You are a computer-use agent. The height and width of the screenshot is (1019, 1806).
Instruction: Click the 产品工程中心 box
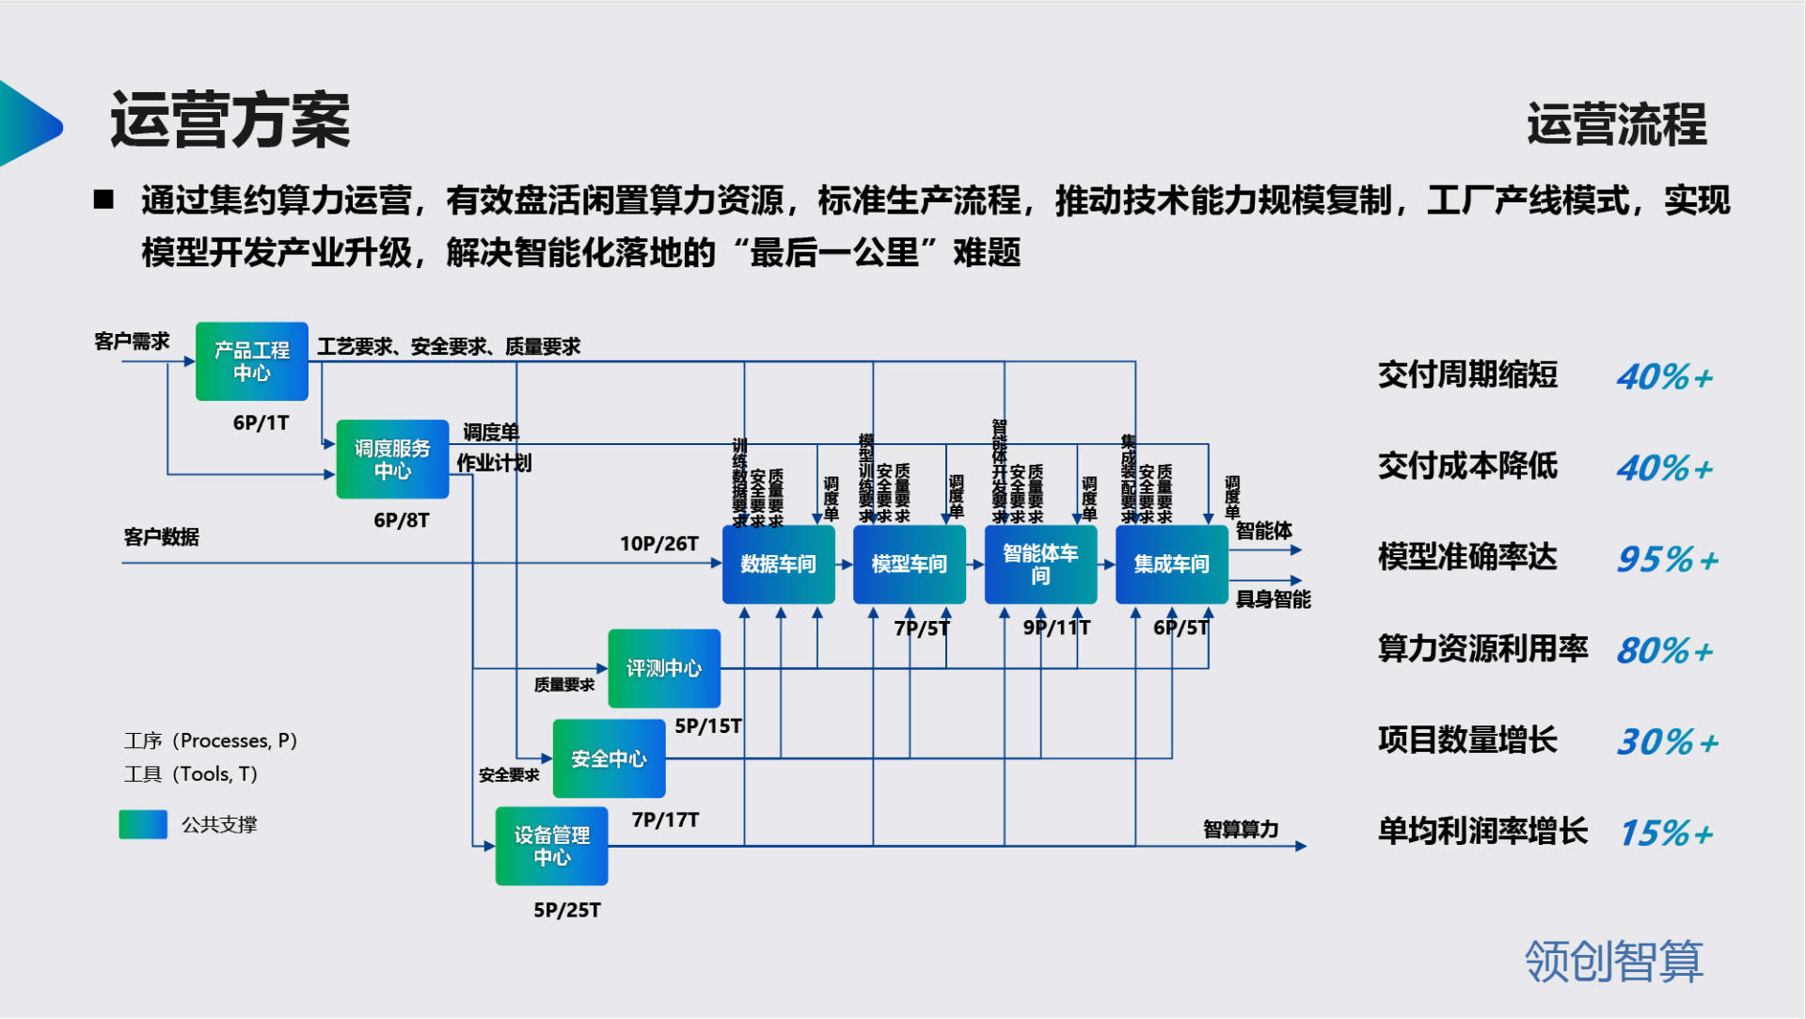click(x=251, y=361)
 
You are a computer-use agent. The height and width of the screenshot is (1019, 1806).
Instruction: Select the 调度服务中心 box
click(x=392, y=459)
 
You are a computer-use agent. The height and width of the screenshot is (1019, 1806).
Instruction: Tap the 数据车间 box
click(x=778, y=564)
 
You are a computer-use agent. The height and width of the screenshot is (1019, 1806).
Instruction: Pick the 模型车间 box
click(x=909, y=564)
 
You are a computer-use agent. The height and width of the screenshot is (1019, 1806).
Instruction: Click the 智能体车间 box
click(x=1040, y=564)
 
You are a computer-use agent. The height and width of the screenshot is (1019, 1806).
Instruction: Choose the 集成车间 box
click(x=1171, y=564)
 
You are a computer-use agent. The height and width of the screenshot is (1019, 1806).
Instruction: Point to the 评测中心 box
click(x=664, y=668)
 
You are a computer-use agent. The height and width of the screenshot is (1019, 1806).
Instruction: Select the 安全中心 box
click(x=609, y=758)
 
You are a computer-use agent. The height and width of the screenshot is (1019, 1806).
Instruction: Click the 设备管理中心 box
click(x=551, y=846)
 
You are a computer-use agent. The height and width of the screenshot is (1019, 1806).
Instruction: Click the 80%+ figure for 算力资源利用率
click(x=1665, y=651)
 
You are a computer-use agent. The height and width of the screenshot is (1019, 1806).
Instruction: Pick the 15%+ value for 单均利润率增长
click(x=1665, y=834)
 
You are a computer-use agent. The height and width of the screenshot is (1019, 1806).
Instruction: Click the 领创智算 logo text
click(x=1613, y=962)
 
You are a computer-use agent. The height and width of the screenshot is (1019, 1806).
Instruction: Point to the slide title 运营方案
click(x=230, y=120)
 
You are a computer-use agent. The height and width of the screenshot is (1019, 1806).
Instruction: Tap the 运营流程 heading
click(x=1616, y=124)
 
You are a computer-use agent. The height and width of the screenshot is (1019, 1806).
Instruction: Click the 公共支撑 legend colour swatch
click(x=143, y=824)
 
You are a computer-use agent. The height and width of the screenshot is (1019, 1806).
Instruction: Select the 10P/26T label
click(x=658, y=544)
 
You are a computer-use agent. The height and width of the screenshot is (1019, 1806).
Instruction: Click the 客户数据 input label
click(x=161, y=537)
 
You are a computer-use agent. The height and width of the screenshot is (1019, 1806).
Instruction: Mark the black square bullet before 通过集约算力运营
click(x=103, y=199)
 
